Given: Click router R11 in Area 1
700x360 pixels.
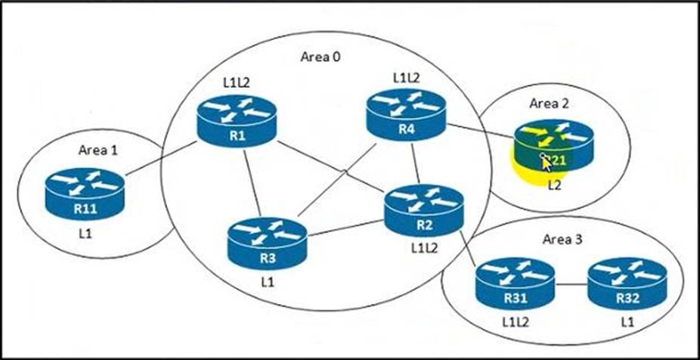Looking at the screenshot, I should pyautogui.click(x=83, y=194).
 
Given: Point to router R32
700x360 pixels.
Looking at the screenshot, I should pyautogui.click(x=626, y=284).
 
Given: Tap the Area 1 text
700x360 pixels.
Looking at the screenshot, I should pyautogui.click(x=98, y=150).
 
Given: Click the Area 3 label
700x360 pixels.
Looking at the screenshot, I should pyautogui.click(x=562, y=240).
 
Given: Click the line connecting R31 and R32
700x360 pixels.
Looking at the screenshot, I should pyautogui.click(x=570, y=284).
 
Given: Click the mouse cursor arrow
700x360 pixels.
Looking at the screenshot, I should pyautogui.click(x=545, y=162).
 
